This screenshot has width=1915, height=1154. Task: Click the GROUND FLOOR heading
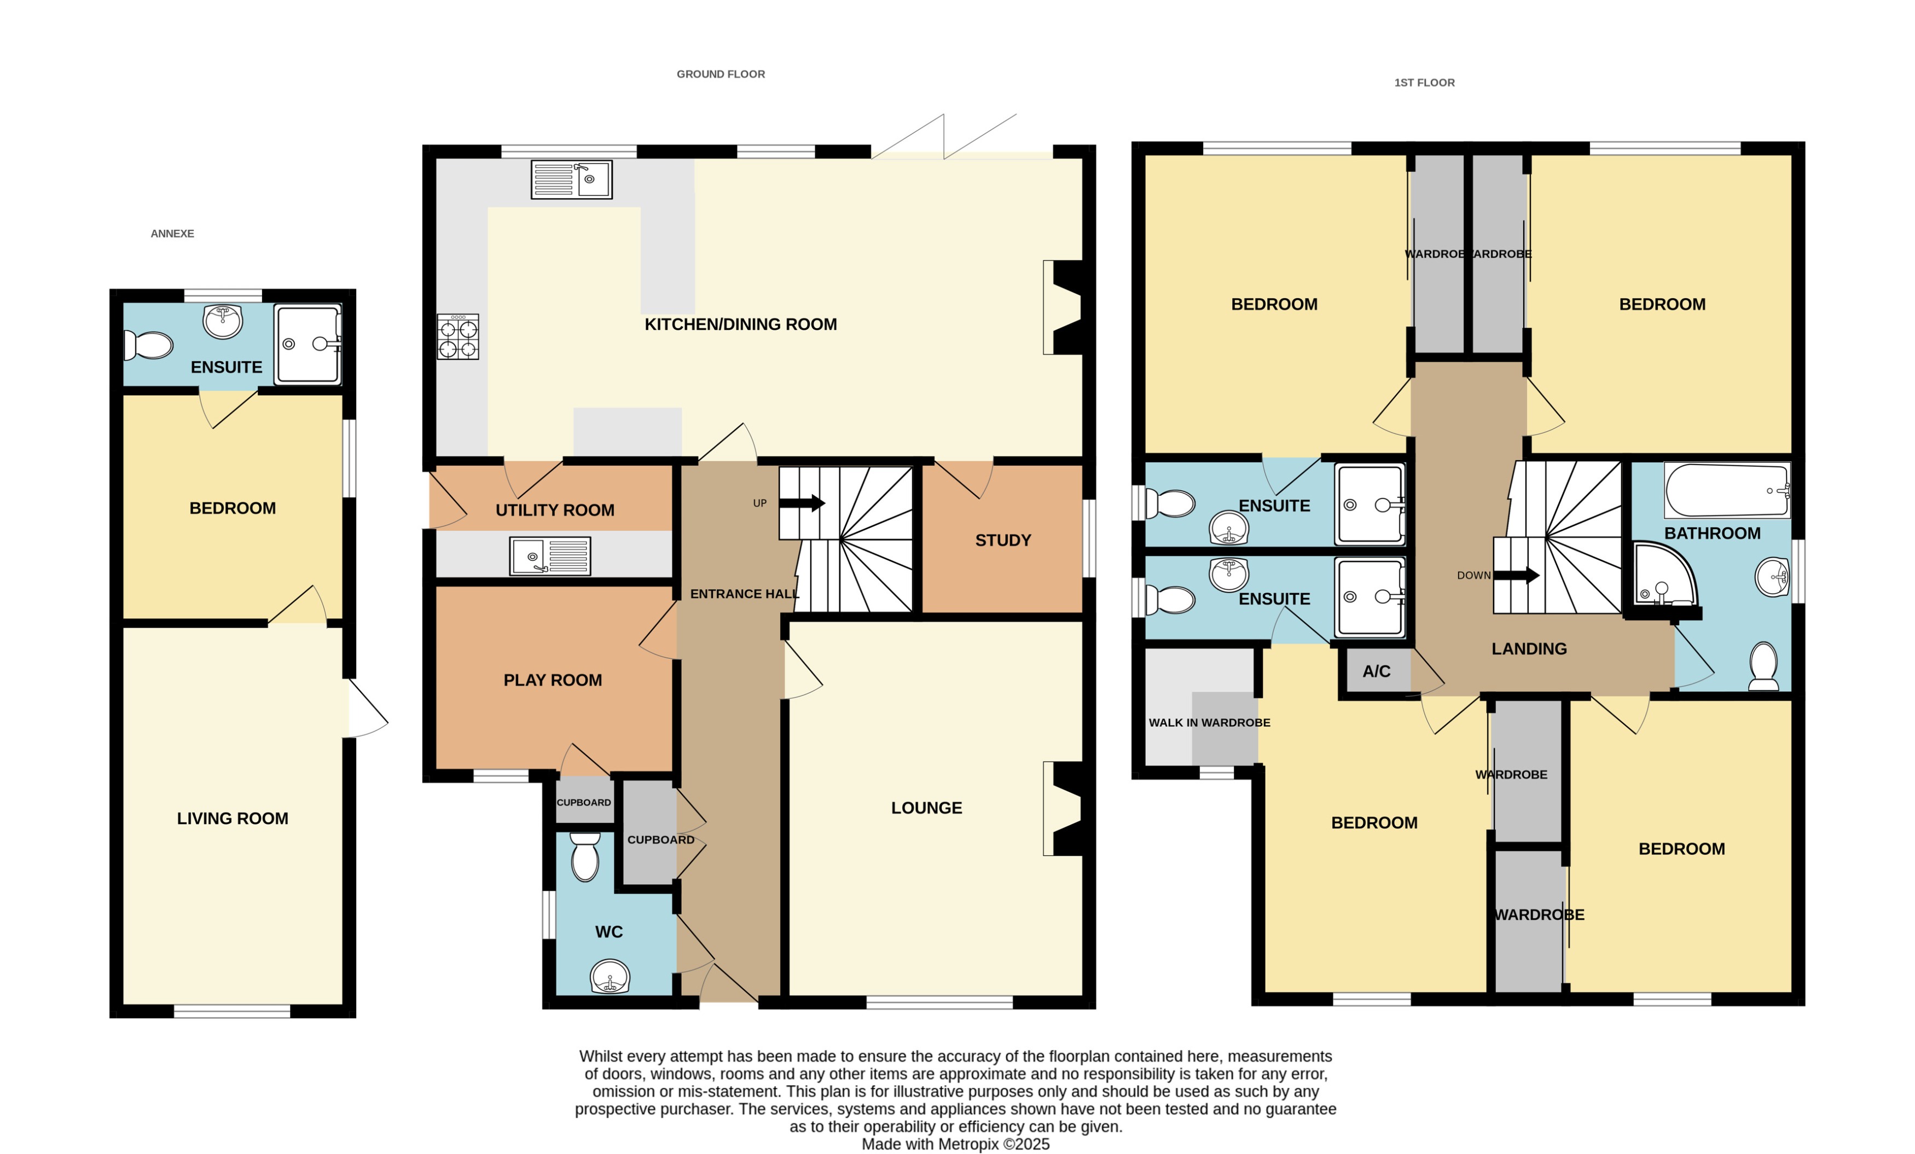pyautogui.click(x=721, y=74)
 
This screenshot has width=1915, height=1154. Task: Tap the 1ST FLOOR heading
pyautogui.click(x=1424, y=83)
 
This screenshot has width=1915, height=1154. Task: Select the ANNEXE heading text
pyautogui.click(x=172, y=234)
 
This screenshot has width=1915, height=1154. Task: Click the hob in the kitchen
pyautogui.click(x=458, y=337)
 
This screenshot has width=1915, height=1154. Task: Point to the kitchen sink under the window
pyautogui.click(x=571, y=180)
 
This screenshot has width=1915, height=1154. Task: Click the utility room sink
pyautogui.click(x=549, y=556)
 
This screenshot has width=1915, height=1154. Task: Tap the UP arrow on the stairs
pyautogui.click(x=802, y=503)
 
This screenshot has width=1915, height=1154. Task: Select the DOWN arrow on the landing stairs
pyautogui.click(x=1516, y=576)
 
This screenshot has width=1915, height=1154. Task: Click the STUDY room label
pyautogui.click(x=1002, y=541)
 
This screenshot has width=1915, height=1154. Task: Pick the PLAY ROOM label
pyautogui.click(x=553, y=681)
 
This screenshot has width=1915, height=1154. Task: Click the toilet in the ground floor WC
pyautogui.click(x=584, y=857)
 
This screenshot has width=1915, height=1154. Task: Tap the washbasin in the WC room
pyautogui.click(x=610, y=977)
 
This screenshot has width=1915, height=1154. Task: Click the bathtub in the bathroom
pyautogui.click(x=1726, y=490)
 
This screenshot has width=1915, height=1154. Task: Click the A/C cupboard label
pyautogui.click(x=1376, y=671)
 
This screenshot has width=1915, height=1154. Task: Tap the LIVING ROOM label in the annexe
pyautogui.click(x=233, y=818)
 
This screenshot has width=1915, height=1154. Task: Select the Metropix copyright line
pyautogui.click(x=955, y=1144)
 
